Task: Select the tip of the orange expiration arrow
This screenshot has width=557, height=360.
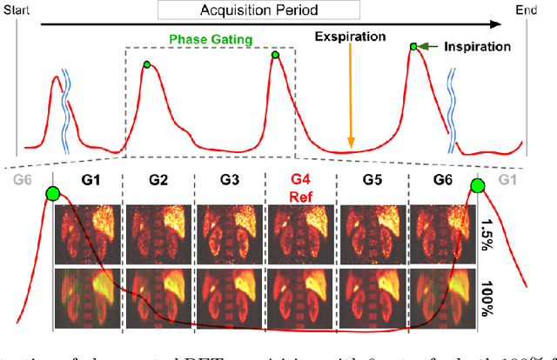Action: (351, 146)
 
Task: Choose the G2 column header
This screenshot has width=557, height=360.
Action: (158, 181)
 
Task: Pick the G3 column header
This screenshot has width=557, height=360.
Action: (229, 181)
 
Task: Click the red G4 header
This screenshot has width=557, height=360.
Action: (300, 181)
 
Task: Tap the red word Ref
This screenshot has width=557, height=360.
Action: (300, 196)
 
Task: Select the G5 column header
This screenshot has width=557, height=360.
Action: (372, 181)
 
